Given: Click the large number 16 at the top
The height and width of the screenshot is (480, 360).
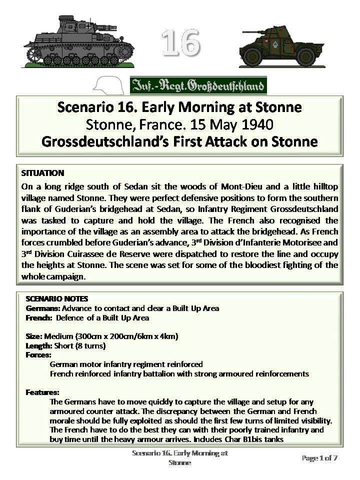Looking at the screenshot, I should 180,42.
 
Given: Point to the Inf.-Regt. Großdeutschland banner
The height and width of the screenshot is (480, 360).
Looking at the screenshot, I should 198,85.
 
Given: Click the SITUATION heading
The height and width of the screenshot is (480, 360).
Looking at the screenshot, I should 42,173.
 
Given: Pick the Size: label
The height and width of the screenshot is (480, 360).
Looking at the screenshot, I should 34,336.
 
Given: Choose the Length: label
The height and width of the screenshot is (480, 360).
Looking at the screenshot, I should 38,345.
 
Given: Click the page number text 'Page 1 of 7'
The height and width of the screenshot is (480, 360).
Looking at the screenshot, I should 320,458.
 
